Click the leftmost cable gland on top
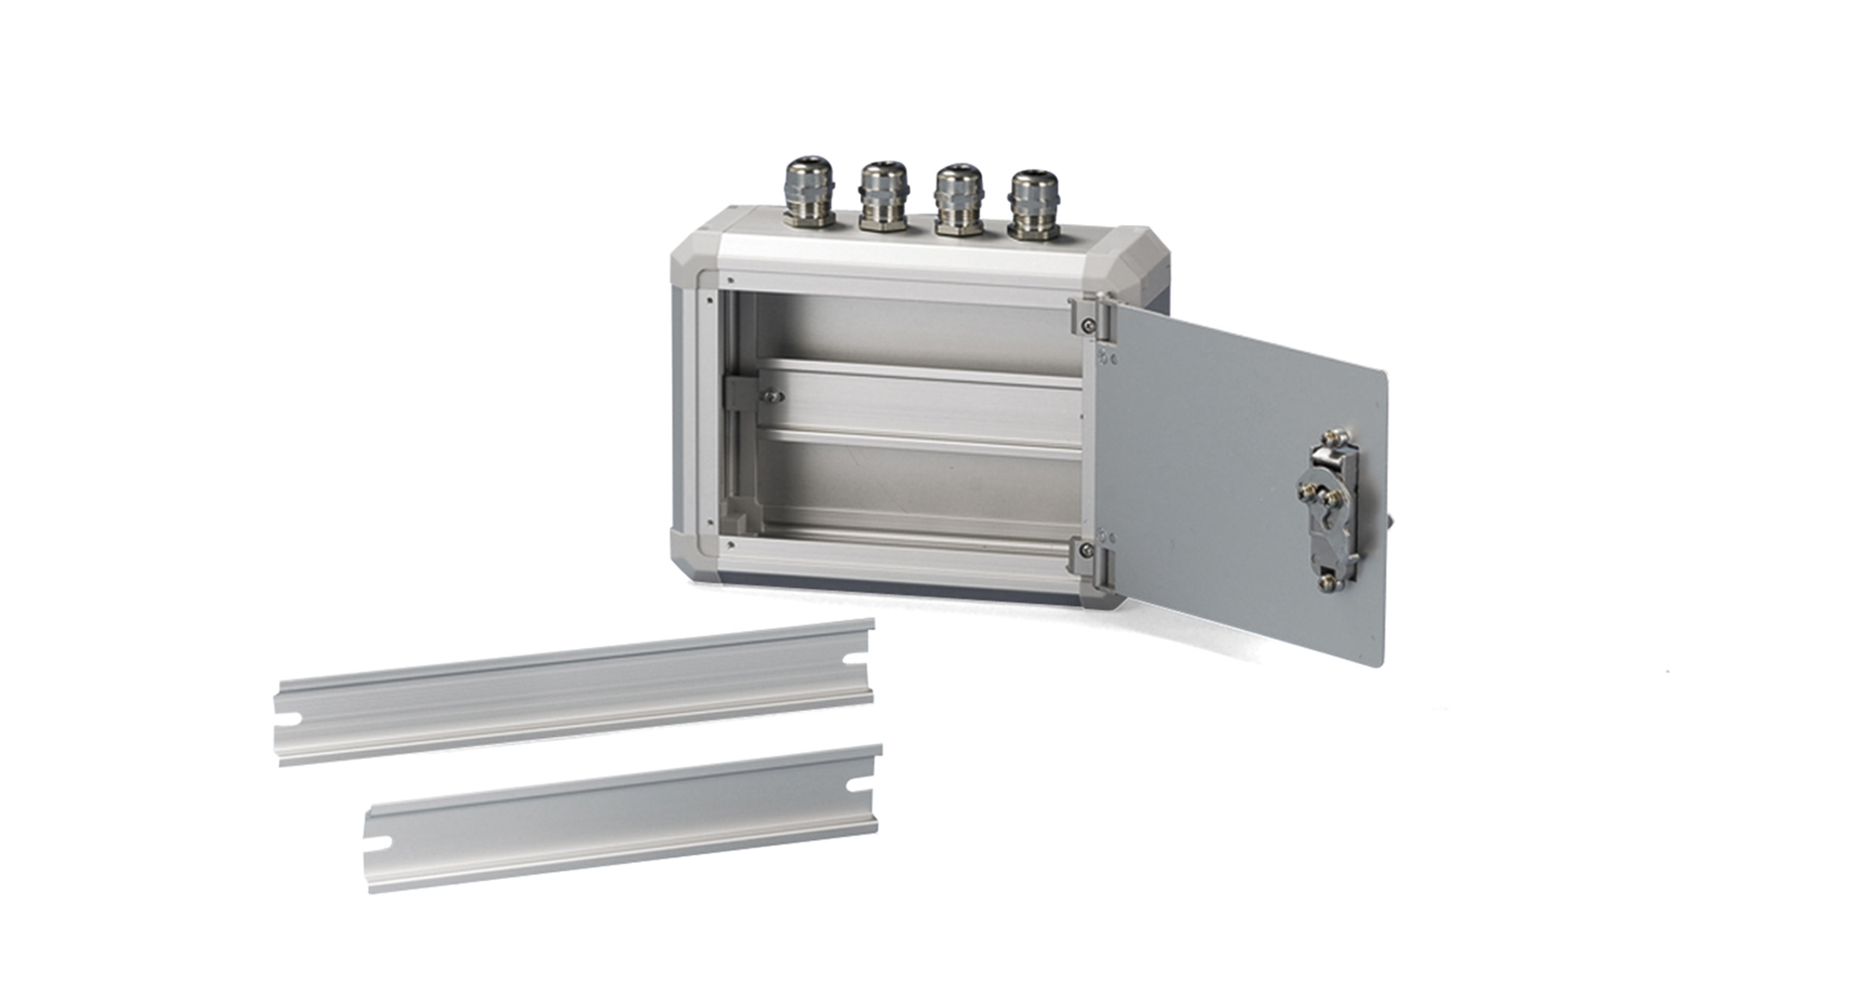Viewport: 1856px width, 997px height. (809, 193)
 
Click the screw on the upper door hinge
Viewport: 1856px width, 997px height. (1089, 324)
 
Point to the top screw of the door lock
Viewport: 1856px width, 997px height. (1335, 438)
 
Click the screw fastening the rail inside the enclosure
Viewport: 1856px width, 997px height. (772, 396)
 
